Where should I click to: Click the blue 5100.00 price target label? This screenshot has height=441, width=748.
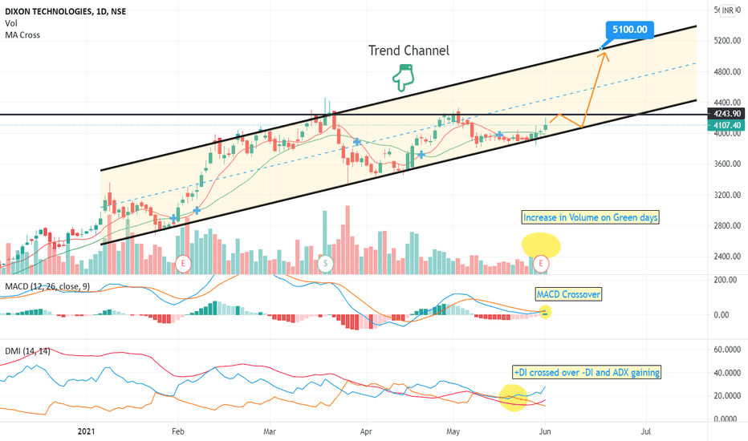pyautogui.click(x=630, y=30)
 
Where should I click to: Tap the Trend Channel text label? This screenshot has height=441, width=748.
pyautogui.click(x=409, y=51)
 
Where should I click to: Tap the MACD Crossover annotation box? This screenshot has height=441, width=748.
pyautogui.click(x=568, y=294)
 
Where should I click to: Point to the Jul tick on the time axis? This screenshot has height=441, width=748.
pyautogui.click(x=645, y=431)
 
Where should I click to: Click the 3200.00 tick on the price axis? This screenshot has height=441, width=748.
pyautogui.click(x=725, y=195)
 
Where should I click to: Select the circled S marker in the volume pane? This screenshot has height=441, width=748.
pyautogui.click(x=325, y=263)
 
